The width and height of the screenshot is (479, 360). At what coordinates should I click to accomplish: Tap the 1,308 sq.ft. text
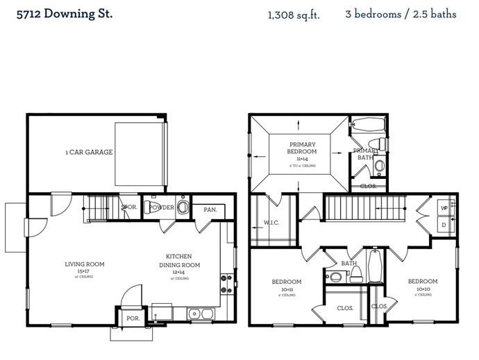pyautogui.click(x=294, y=15)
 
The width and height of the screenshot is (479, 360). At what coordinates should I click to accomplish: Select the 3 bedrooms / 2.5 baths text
pyautogui.click(x=401, y=15)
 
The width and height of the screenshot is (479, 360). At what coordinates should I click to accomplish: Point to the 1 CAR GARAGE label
pyautogui.click(x=89, y=152)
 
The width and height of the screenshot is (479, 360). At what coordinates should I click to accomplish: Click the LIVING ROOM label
pyautogui.click(x=84, y=264)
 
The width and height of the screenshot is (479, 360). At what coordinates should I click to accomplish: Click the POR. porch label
pyautogui.click(x=132, y=318)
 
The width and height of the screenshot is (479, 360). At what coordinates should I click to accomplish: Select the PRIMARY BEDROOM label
pyautogui.click(x=302, y=148)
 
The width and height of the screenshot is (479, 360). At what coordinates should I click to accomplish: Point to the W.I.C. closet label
pyautogui.click(x=271, y=223)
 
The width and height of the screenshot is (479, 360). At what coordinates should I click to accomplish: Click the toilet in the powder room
pyautogui.click(x=183, y=207)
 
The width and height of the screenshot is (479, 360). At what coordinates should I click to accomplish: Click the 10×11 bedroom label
pyautogui.click(x=286, y=285)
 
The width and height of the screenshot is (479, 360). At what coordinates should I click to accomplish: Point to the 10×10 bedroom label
pyautogui.click(x=422, y=285)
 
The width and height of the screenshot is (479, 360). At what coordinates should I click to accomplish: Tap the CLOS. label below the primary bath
pyautogui.click(x=368, y=186)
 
